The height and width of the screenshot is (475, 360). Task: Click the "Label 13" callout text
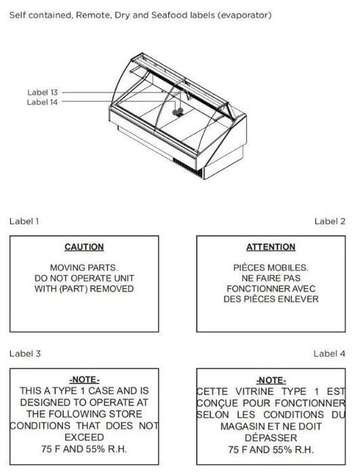[x=43, y=92]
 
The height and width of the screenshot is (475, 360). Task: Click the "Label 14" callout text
[x=42, y=102]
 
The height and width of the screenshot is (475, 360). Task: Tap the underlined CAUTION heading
[x=84, y=247]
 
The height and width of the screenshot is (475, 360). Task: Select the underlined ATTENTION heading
[x=271, y=247]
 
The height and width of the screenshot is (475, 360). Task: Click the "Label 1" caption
[x=24, y=221]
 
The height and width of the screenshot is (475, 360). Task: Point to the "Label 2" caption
[x=329, y=221]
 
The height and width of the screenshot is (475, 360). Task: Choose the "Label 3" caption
[x=25, y=354]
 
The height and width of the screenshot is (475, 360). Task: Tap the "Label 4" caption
[x=329, y=354]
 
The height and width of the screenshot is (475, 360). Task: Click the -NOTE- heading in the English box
[x=85, y=379]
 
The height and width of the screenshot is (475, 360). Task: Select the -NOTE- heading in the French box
[x=271, y=380]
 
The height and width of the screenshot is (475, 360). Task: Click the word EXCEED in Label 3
[x=84, y=438]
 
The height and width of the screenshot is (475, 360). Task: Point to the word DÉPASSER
[x=271, y=438]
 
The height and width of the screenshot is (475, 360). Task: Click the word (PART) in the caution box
[x=73, y=288]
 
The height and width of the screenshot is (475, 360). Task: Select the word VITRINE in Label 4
[x=255, y=392]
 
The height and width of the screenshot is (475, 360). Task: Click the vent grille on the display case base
[x=187, y=167]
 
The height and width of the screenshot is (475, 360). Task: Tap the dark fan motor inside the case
[x=178, y=113]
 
